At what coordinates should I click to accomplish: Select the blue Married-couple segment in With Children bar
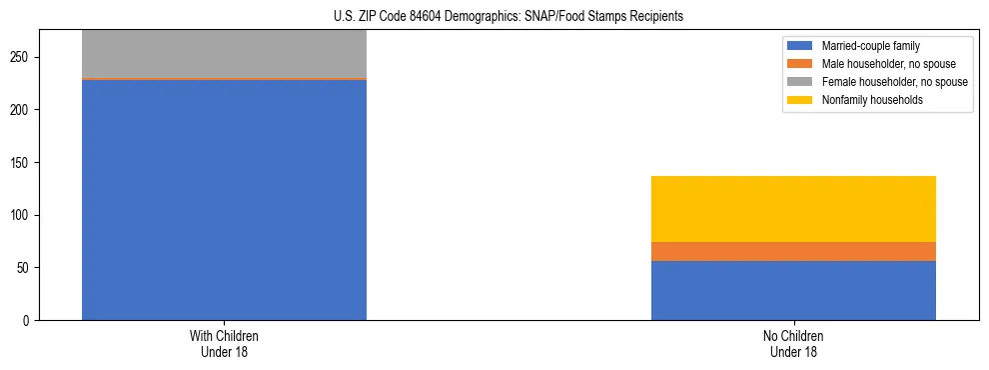[224, 200]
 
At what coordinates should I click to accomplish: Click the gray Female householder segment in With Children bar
[224, 53]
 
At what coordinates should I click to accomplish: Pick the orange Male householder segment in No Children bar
[793, 251]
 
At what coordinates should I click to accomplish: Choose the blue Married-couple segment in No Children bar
[793, 290]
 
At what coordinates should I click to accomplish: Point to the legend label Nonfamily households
[865, 100]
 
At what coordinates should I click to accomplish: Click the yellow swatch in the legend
[800, 100]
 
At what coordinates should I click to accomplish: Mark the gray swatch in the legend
[800, 82]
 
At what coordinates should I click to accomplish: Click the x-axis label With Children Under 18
[224, 343]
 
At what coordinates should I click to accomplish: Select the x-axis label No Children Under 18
[793, 343]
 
